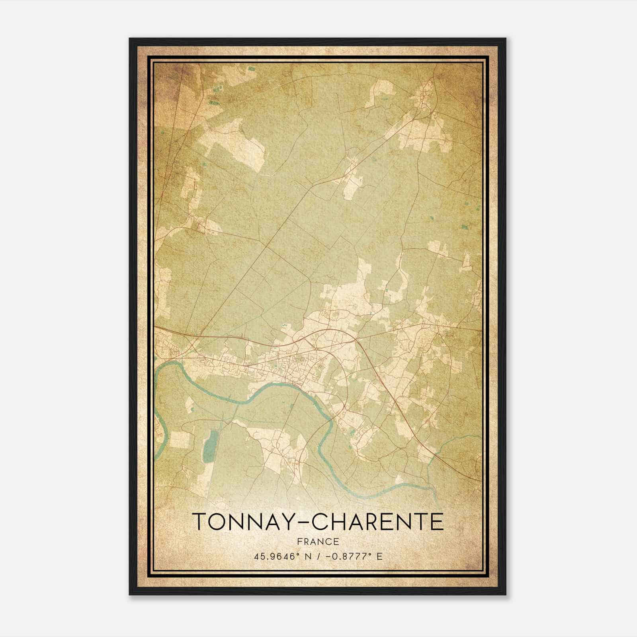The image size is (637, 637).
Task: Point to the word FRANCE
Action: pyautogui.click(x=318, y=541)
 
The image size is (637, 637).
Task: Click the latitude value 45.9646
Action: pyautogui.click(x=274, y=556)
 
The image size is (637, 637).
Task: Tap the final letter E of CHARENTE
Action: pyautogui.click(x=437, y=522)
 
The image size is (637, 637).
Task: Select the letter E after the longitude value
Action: pyautogui.click(x=379, y=556)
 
